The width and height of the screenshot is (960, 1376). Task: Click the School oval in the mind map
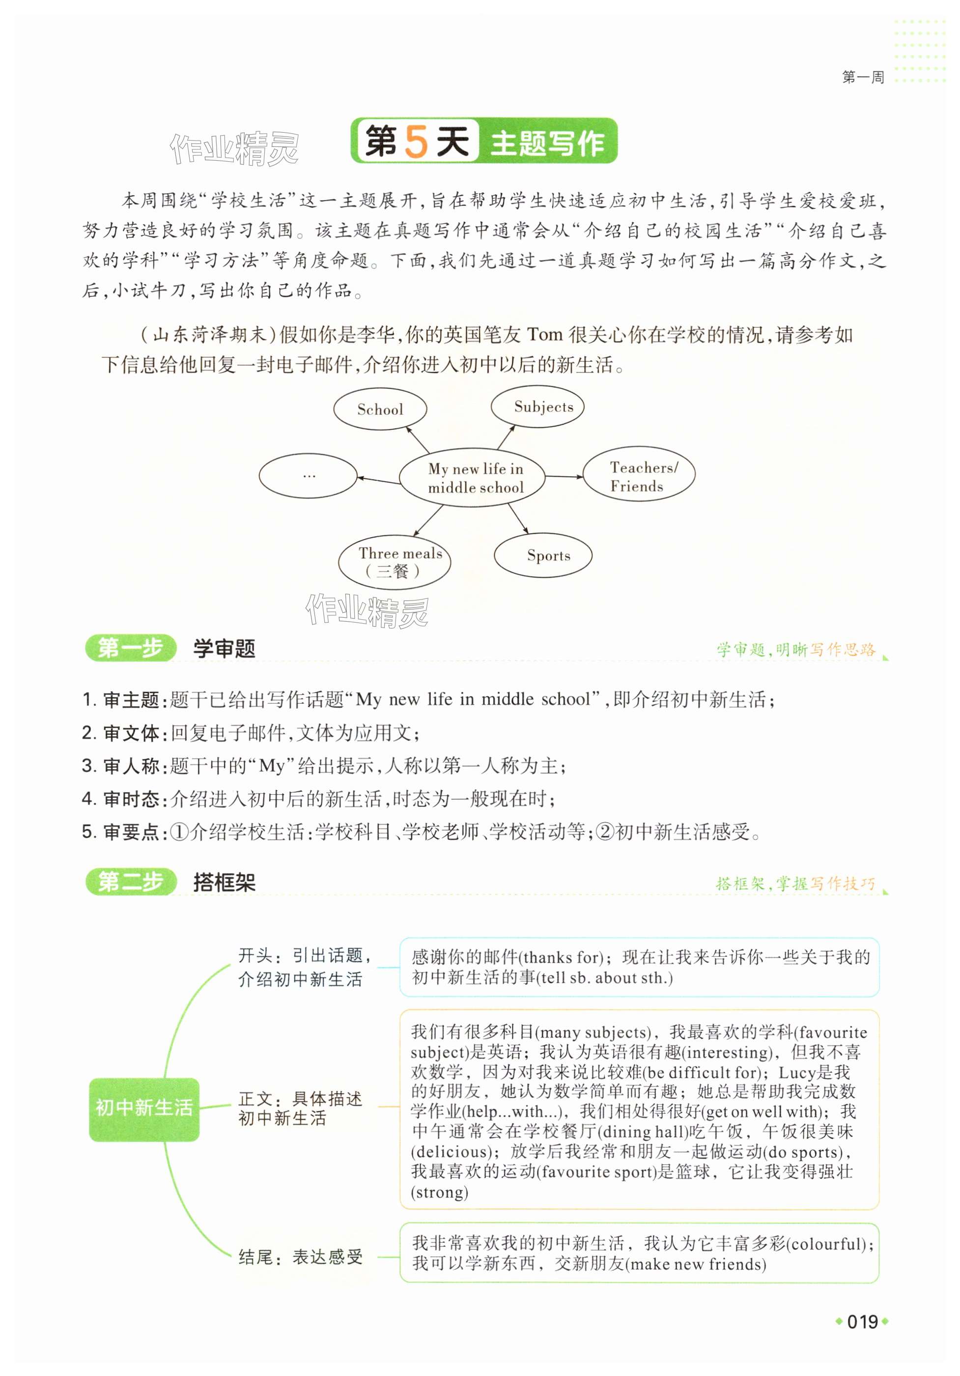point(380,409)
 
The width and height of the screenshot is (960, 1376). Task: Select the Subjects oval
point(537,407)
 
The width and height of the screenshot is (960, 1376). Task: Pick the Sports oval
point(542,555)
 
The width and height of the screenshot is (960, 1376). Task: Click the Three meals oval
point(395,562)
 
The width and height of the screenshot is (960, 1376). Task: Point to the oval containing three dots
point(308,476)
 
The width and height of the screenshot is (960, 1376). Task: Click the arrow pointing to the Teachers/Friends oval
point(564,477)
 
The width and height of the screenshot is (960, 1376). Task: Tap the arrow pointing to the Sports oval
point(518,518)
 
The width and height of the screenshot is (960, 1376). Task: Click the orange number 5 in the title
point(416,142)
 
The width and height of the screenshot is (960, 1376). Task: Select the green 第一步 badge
point(130,648)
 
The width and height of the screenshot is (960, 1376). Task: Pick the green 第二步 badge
point(130,882)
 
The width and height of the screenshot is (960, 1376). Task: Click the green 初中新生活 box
point(144,1107)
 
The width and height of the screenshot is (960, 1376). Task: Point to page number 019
point(862,1321)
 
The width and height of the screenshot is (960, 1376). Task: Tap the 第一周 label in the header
point(862,77)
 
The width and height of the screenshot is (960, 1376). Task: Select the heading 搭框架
point(224,882)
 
